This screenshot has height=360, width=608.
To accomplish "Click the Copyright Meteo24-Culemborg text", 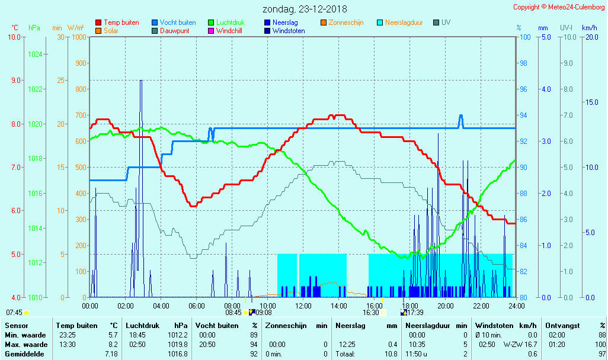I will pos(559,7).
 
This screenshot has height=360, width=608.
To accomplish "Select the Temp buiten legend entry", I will pos(121,22).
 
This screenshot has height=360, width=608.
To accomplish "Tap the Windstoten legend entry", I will pos(289,31).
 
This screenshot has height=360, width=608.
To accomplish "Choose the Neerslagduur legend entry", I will pos(404,22).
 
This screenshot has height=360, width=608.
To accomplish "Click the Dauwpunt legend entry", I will pos(176,31).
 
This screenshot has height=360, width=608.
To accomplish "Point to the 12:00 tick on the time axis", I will pos(303,306).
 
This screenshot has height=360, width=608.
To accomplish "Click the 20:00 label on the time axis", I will pos(446,306).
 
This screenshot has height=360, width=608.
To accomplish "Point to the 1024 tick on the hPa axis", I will pos(35,54).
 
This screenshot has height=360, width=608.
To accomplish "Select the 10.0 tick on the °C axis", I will pos(14,37).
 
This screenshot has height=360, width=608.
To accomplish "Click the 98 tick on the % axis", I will pos(523,63).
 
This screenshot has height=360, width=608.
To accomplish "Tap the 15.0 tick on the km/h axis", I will pos(590,102).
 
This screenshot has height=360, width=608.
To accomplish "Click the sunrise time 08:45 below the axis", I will pos(233,313).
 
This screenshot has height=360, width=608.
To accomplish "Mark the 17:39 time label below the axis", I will pos(415,313).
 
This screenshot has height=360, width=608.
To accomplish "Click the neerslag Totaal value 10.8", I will pos(391,354).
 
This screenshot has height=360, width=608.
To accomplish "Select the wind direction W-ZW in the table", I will pos(511,345).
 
